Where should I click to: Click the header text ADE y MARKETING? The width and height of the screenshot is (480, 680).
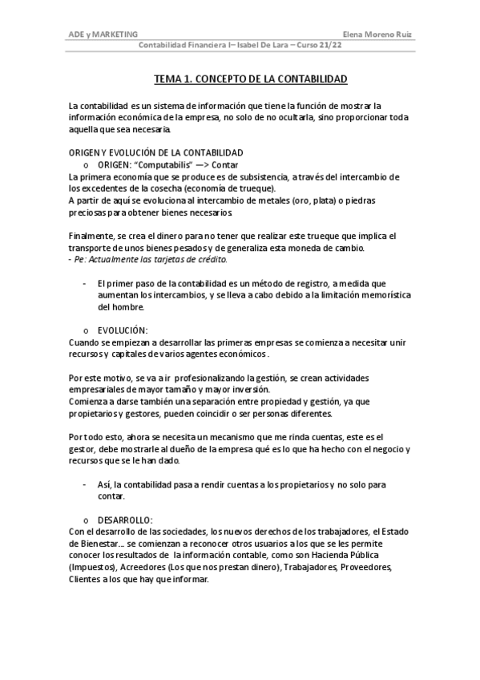click(103, 34)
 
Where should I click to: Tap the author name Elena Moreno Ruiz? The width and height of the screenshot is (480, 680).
click(381, 34)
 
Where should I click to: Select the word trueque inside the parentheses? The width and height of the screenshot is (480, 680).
click(253, 188)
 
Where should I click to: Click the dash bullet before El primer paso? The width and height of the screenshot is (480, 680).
click(85, 283)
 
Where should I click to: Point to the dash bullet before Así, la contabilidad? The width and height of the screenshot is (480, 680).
click(85, 484)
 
